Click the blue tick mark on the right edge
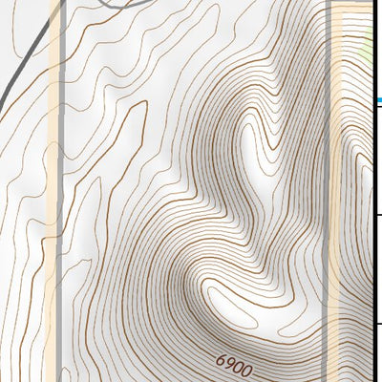[x=379, y=99]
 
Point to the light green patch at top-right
[x=375, y=43]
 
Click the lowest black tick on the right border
[x=378, y=324]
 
